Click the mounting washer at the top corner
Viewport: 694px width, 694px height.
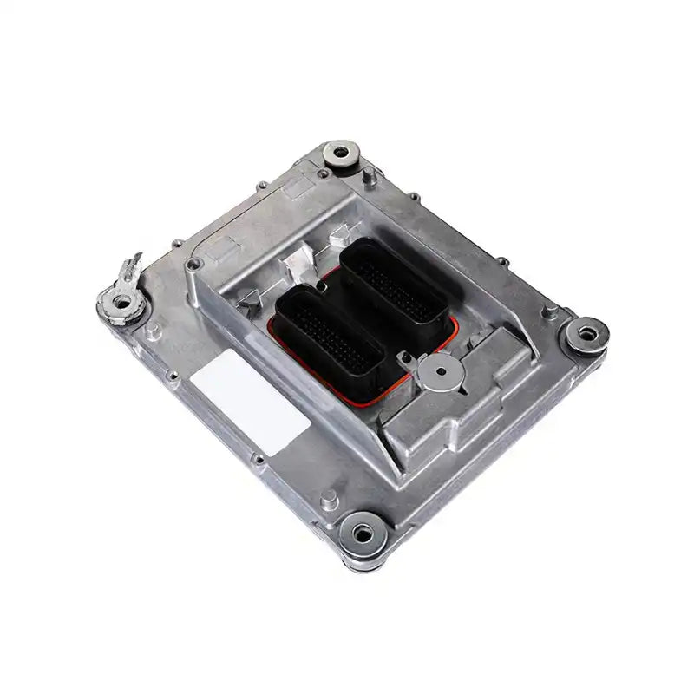tap(341, 154)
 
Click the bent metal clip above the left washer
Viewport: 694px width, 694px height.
tap(132, 265)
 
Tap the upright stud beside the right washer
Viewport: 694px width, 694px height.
tap(547, 312)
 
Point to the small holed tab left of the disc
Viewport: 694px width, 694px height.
tap(403, 357)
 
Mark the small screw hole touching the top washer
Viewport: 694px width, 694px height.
tap(324, 173)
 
